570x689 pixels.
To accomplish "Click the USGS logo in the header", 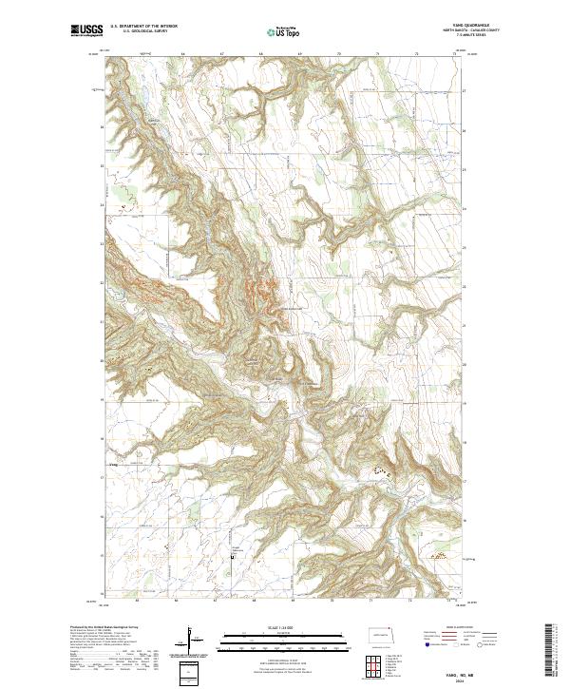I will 86,30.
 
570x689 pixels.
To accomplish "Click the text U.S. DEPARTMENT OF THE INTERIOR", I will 143,27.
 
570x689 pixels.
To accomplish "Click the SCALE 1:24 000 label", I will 275,627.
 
